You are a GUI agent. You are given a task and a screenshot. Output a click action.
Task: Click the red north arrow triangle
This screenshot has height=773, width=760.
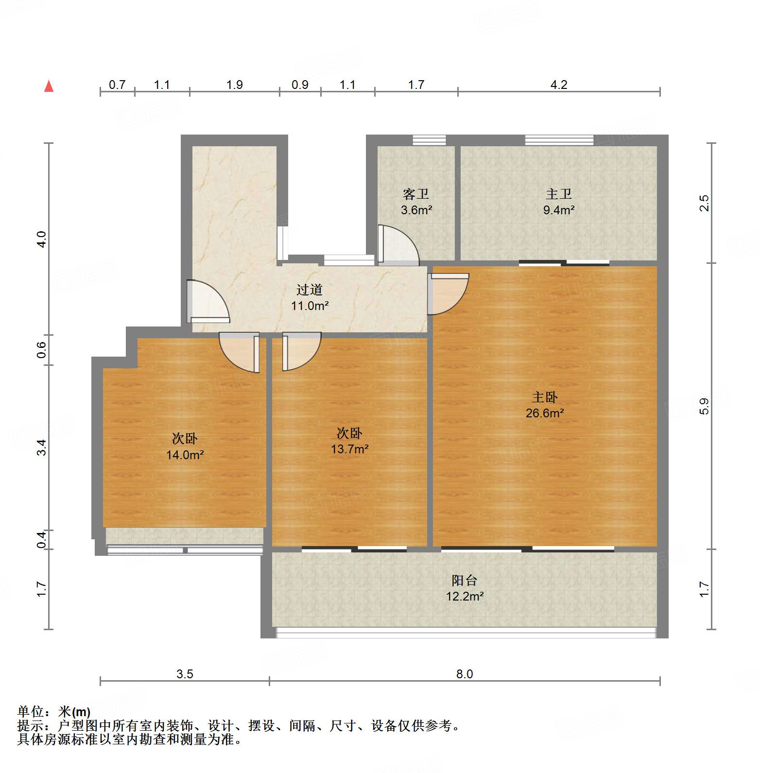(49, 86)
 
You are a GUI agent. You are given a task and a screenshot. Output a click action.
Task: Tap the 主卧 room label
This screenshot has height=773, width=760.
(544, 397)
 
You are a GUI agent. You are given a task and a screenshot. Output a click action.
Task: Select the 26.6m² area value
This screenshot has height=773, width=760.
(544, 413)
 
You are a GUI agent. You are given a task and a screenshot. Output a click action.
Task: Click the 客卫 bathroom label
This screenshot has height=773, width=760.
(416, 194)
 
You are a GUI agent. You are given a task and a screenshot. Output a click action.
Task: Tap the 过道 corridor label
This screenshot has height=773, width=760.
(310, 290)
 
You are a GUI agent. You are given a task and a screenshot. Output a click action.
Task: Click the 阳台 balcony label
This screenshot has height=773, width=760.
(465, 580)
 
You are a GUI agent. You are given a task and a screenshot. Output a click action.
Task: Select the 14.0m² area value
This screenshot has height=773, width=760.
(185, 455)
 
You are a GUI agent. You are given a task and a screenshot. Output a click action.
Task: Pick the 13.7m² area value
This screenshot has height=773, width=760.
(349, 449)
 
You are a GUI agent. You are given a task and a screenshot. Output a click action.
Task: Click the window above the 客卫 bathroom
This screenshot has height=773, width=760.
(429, 140)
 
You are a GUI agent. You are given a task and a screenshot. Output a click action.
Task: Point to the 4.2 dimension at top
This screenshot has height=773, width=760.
(559, 85)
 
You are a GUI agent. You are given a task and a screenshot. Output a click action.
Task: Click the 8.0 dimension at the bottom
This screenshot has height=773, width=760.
(464, 674)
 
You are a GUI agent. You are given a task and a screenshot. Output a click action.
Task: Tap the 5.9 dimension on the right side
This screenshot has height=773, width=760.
(705, 406)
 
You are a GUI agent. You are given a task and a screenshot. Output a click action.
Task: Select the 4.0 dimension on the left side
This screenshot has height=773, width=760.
(42, 239)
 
